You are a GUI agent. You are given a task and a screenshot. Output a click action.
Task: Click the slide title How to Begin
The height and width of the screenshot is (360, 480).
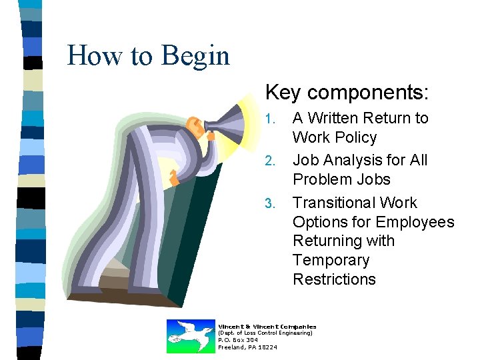click(x=148, y=55)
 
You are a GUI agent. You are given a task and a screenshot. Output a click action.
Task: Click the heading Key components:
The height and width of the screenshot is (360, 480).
click(x=347, y=92)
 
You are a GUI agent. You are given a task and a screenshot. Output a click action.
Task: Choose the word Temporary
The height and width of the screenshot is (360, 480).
click(x=331, y=260)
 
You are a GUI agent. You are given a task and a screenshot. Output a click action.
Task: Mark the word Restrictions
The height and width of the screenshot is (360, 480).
click(x=334, y=279)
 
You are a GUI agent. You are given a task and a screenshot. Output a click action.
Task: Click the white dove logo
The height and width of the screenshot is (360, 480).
click(x=190, y=336)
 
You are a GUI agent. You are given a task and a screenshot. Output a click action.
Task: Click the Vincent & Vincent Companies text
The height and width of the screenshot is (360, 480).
click(x=267, y=327)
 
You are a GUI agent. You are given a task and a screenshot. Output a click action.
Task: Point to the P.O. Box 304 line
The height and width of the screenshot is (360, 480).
click(x=238, y=340)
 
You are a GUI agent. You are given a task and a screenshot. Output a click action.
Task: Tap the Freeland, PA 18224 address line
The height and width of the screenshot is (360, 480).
click(x=248, y=347)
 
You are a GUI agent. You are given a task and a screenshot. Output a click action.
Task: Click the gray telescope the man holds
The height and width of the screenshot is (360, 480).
click(x=227, y=123)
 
